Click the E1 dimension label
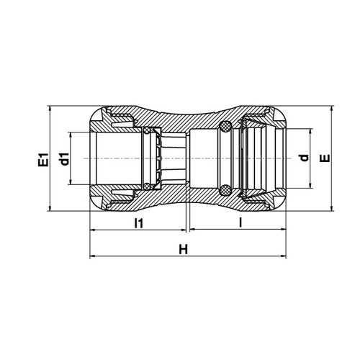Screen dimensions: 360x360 tap(43, 160)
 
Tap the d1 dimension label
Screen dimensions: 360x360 tap(64, 159)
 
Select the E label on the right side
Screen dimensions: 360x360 tap(325, 158)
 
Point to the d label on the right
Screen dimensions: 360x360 tap(304, 158)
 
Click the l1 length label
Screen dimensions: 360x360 tap(139, 223)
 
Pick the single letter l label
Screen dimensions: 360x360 tap(240, 222)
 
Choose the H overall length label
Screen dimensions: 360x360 tap(184, 249)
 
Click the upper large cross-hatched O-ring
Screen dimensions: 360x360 tap(225, 126)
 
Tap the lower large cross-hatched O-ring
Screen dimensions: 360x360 tap(225, 190)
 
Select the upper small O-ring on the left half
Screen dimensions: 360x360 tap(146, 131)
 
